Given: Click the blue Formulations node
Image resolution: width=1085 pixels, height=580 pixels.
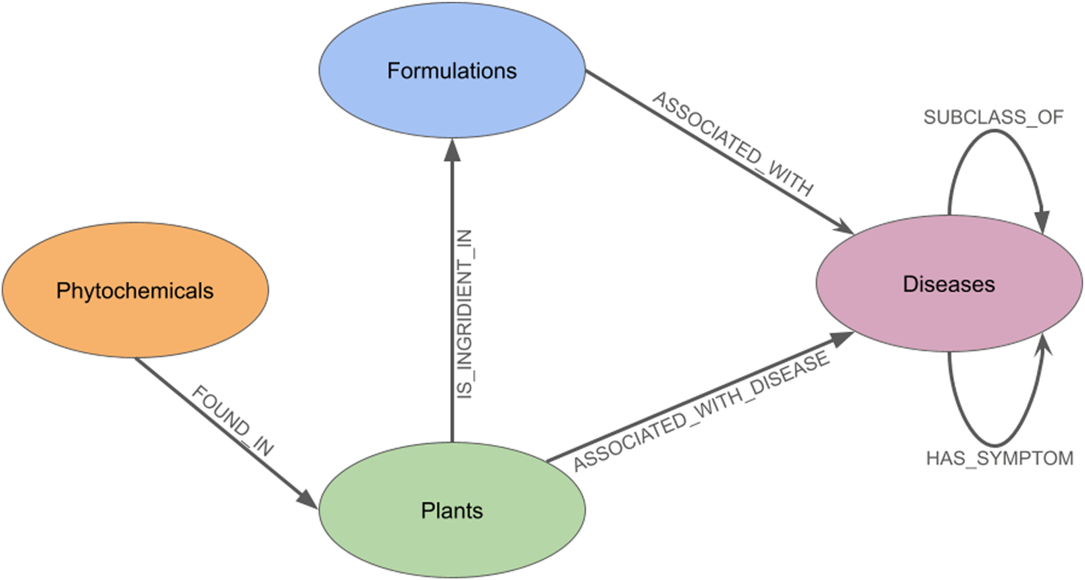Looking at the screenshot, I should coord(451,101).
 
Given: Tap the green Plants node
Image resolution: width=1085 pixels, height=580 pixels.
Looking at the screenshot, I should coord(451,540).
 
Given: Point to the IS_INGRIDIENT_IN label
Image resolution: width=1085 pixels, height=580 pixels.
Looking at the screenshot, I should coord(465,314).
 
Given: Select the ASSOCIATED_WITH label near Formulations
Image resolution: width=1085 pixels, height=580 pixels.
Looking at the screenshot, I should coord(732,144).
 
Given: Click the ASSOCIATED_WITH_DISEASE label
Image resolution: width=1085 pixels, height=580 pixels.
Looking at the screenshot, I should coord(701,411).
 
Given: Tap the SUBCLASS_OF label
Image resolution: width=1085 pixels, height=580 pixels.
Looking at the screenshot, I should coord(993,117).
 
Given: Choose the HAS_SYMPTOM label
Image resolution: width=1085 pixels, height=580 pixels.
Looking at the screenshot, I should coord(999,458).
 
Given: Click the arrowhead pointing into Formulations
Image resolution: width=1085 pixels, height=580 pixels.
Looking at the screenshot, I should coord(452,150).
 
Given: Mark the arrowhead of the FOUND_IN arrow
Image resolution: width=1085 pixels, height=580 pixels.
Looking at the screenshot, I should coord(308,500).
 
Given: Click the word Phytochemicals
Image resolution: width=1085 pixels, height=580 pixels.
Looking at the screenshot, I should coord(135,291).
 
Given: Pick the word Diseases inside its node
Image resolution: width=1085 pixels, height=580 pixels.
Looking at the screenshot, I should coord(949,284).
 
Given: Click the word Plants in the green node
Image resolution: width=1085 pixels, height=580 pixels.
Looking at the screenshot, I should coord(451,510).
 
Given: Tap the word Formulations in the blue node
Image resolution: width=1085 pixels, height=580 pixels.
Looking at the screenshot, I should coord(451,71).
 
